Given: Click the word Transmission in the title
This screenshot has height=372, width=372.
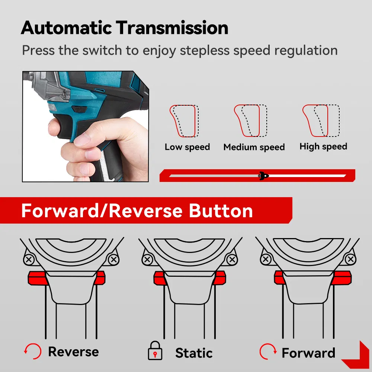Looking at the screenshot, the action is pyautogui.click(x=172, y=28).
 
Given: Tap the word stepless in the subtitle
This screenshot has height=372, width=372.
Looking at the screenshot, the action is pyautogui.click(x=205, y=51).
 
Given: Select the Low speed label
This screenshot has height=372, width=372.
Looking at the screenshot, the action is pyautogui.click(x=187, y=147).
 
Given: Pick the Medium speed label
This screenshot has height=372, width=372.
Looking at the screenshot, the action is pyautogui.click(x=254, y=147).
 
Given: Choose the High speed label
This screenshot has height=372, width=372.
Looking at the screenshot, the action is pyautogui.click(x=323, y=146).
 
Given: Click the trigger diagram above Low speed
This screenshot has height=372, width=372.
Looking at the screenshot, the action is pyautogui.click(x=184, y=121).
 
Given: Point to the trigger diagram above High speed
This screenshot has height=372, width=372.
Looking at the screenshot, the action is pyautogui.click(x=321, y=121).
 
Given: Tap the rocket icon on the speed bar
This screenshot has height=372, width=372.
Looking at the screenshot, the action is pyautogui.click(x=264, y=176).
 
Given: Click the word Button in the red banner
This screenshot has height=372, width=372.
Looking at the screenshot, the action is pyautogui.click(x=221, y=211).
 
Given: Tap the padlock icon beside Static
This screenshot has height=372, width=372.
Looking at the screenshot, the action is pyautogui.click(x=155, y=351).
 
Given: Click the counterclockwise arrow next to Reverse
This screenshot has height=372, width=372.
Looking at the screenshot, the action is pyautogui.click(x=33, y=351).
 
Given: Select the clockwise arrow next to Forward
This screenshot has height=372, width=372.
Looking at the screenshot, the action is pyautogui.click(x=268, y=352).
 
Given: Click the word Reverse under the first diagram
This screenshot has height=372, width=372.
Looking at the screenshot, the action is pyautogui.click(x=74, y=352).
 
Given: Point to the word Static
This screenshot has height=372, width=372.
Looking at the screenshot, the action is pyautogui.click(x=194, y=353).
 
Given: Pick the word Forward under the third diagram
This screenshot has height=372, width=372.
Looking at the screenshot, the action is pyautogui.click(x=308, y=353).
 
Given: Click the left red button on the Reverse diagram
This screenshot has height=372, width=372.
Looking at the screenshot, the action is pyautogui.click(x=37, y=278).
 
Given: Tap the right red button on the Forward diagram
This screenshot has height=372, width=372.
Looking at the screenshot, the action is pyautogui.click(x=341, y=278).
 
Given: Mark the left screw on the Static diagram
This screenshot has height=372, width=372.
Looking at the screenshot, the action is pyautogui.click(x=147, y=259).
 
